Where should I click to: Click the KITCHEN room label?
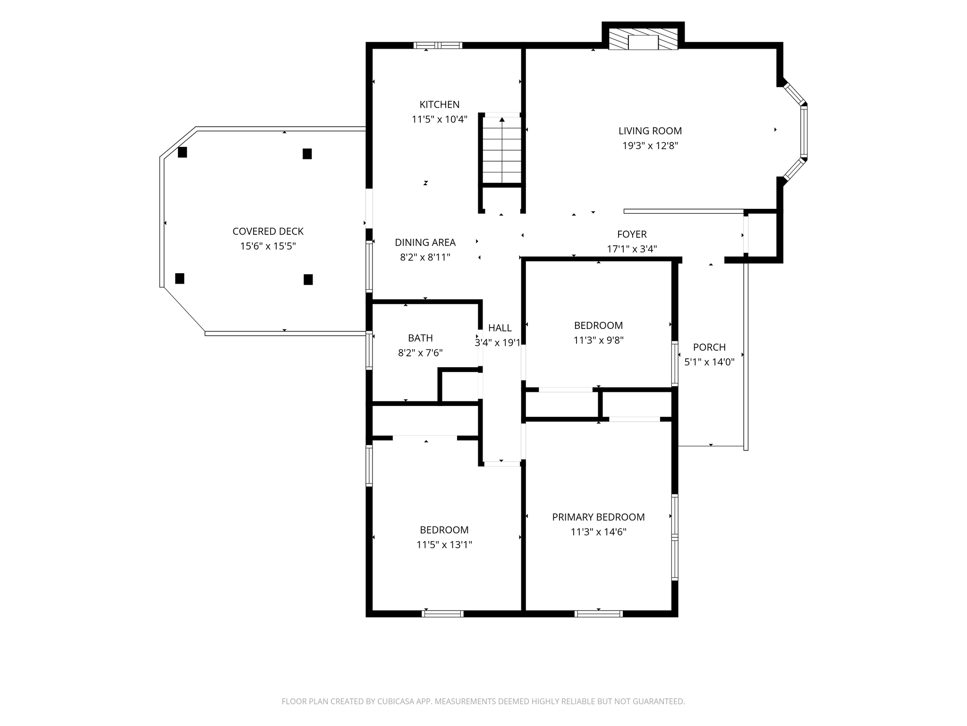440,104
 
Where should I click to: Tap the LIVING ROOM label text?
650,131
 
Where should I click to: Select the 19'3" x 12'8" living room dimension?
650,146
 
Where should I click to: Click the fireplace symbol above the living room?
643,39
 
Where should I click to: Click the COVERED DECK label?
268,232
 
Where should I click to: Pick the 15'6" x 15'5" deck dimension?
268,246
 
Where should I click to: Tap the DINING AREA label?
425,242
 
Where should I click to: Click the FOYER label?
632,234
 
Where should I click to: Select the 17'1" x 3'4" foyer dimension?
632,249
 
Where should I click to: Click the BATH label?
420,338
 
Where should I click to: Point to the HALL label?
500,328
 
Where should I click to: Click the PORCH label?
709,347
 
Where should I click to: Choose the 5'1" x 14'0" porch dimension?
709,362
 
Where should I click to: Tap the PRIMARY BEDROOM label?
598,517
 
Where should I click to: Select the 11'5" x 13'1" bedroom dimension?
444,545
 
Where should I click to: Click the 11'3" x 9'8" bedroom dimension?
598,340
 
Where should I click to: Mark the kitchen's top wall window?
438,45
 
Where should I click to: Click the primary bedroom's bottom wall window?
598,614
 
